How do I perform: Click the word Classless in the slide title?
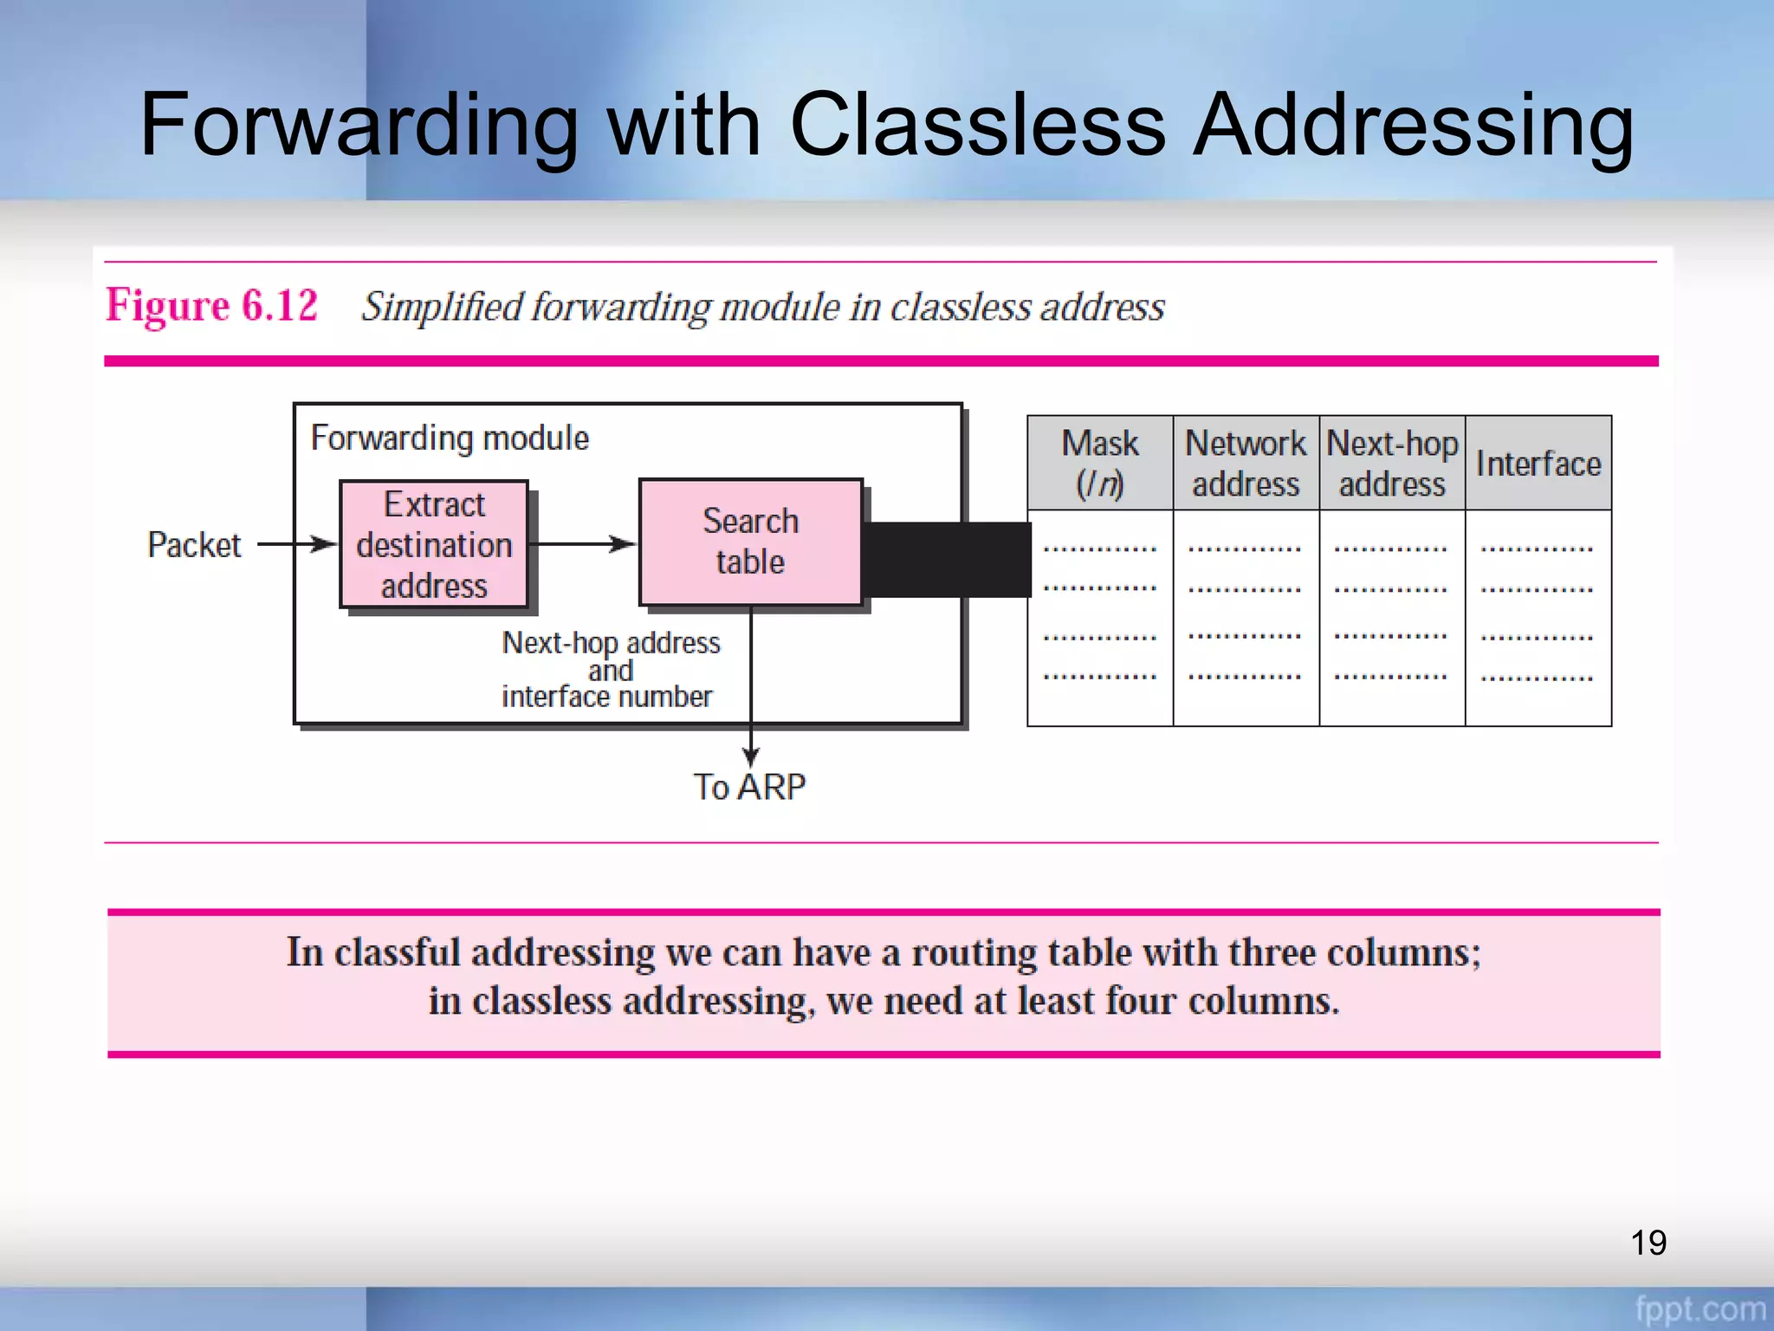click(977, 126)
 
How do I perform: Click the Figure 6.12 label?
click(211, 306)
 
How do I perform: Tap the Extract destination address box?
click(434, 544)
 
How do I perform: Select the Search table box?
click(750, 542)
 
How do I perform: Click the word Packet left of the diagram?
click(194, 545)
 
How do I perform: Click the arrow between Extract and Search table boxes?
click(582, 544)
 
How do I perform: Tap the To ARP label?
click(749, 787)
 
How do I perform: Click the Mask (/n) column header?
click(1099, 463)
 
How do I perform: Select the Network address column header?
click(1246, 463)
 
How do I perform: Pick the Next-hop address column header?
click(1392, 463)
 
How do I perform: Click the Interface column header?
click(1538, 464)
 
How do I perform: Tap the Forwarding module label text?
click(450, 438)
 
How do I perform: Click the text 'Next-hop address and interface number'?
click(610, 669)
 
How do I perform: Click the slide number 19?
click(1648, 1243)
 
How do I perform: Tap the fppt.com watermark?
click(1700, 1309)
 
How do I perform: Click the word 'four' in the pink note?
click(1141, 1001)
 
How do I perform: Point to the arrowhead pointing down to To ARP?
click(751, 756)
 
